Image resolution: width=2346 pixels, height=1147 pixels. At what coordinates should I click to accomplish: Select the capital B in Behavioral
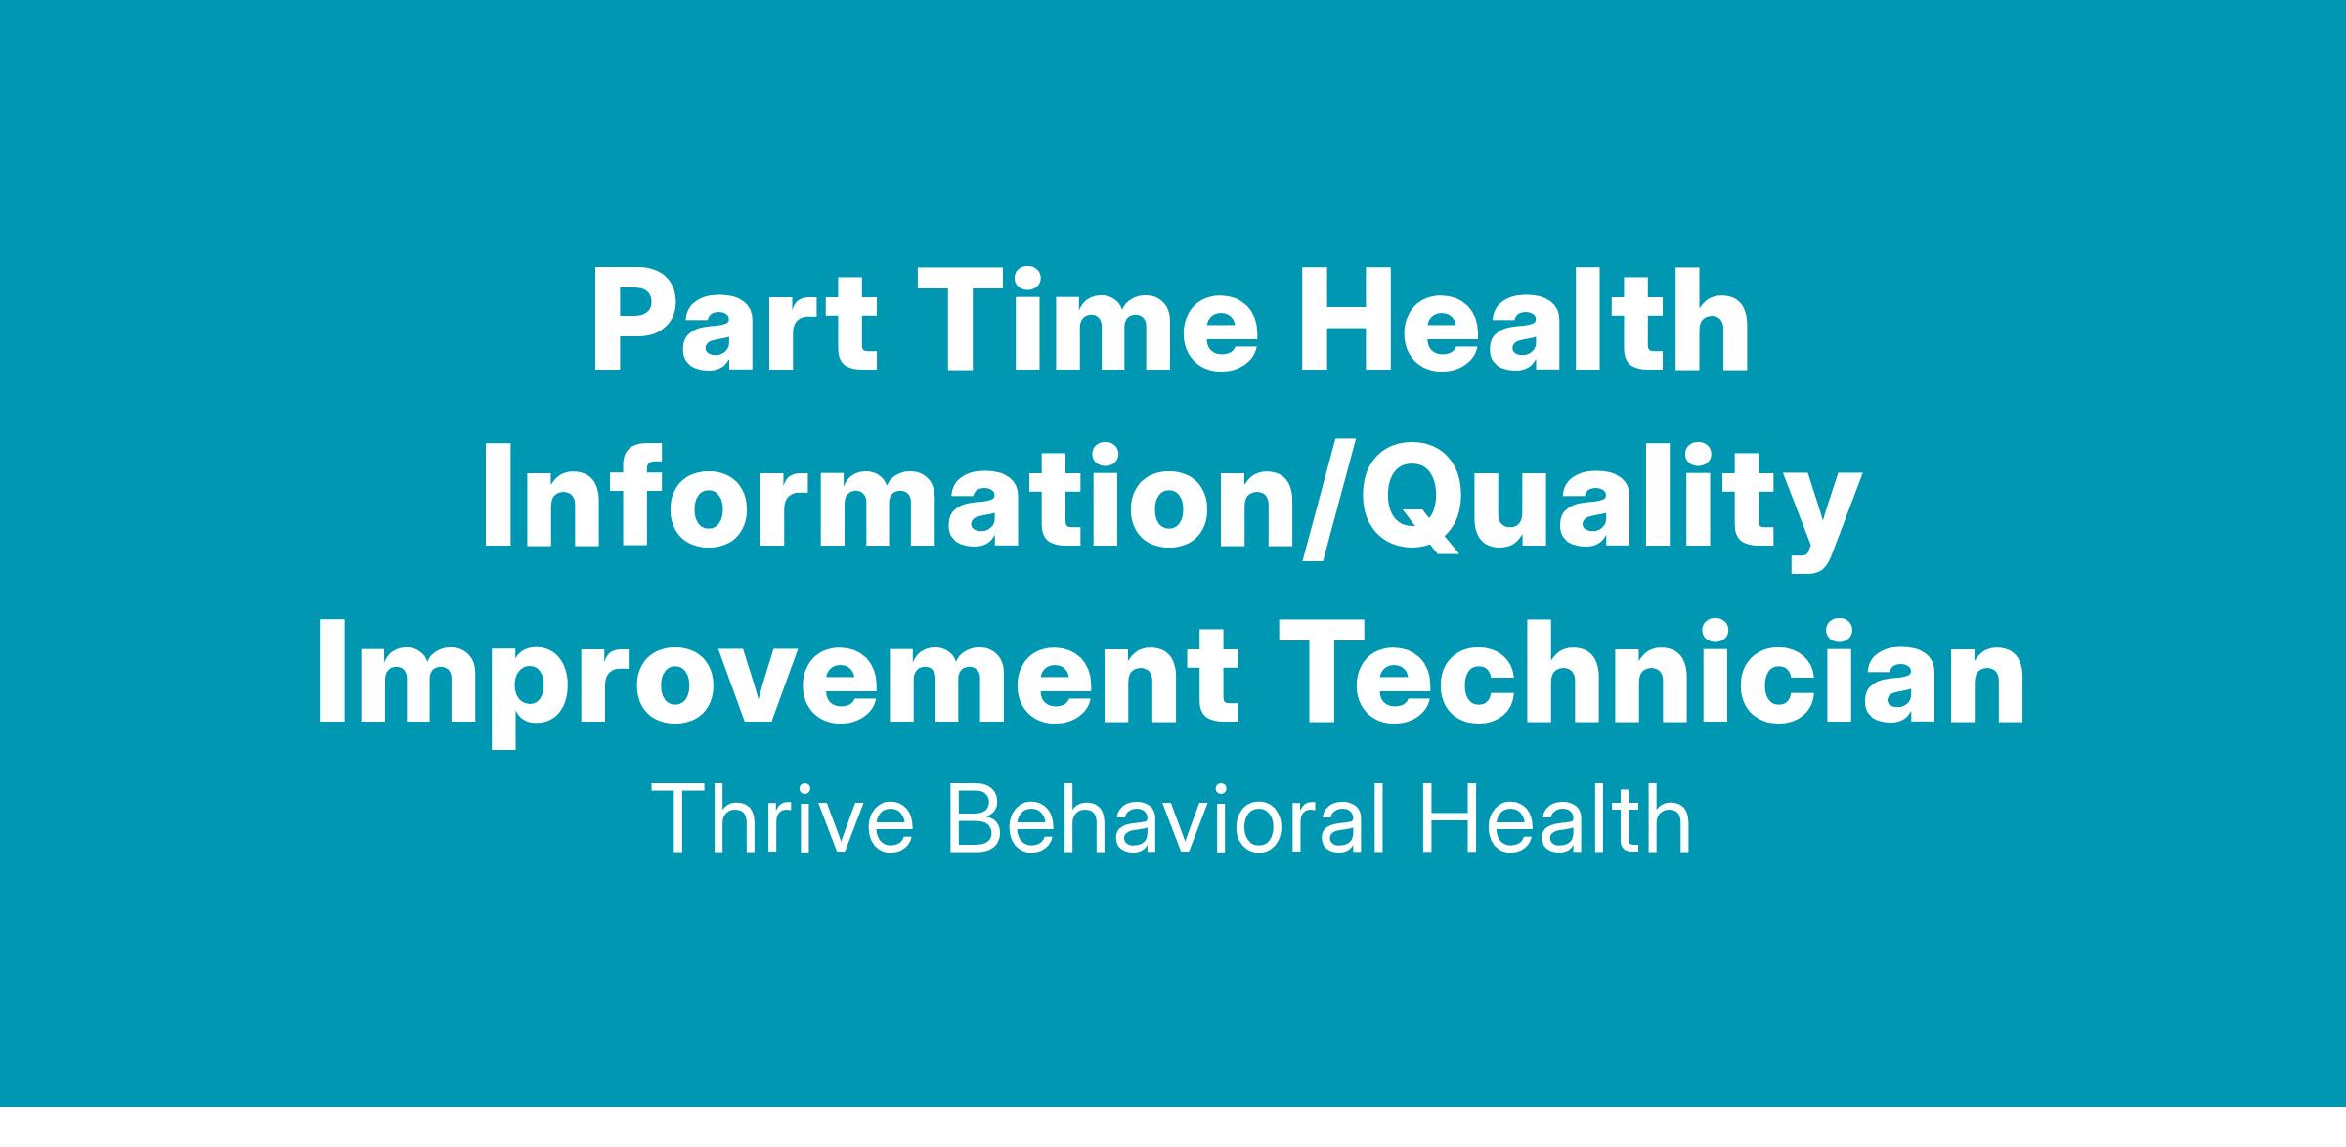click(x=977, y=820)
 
